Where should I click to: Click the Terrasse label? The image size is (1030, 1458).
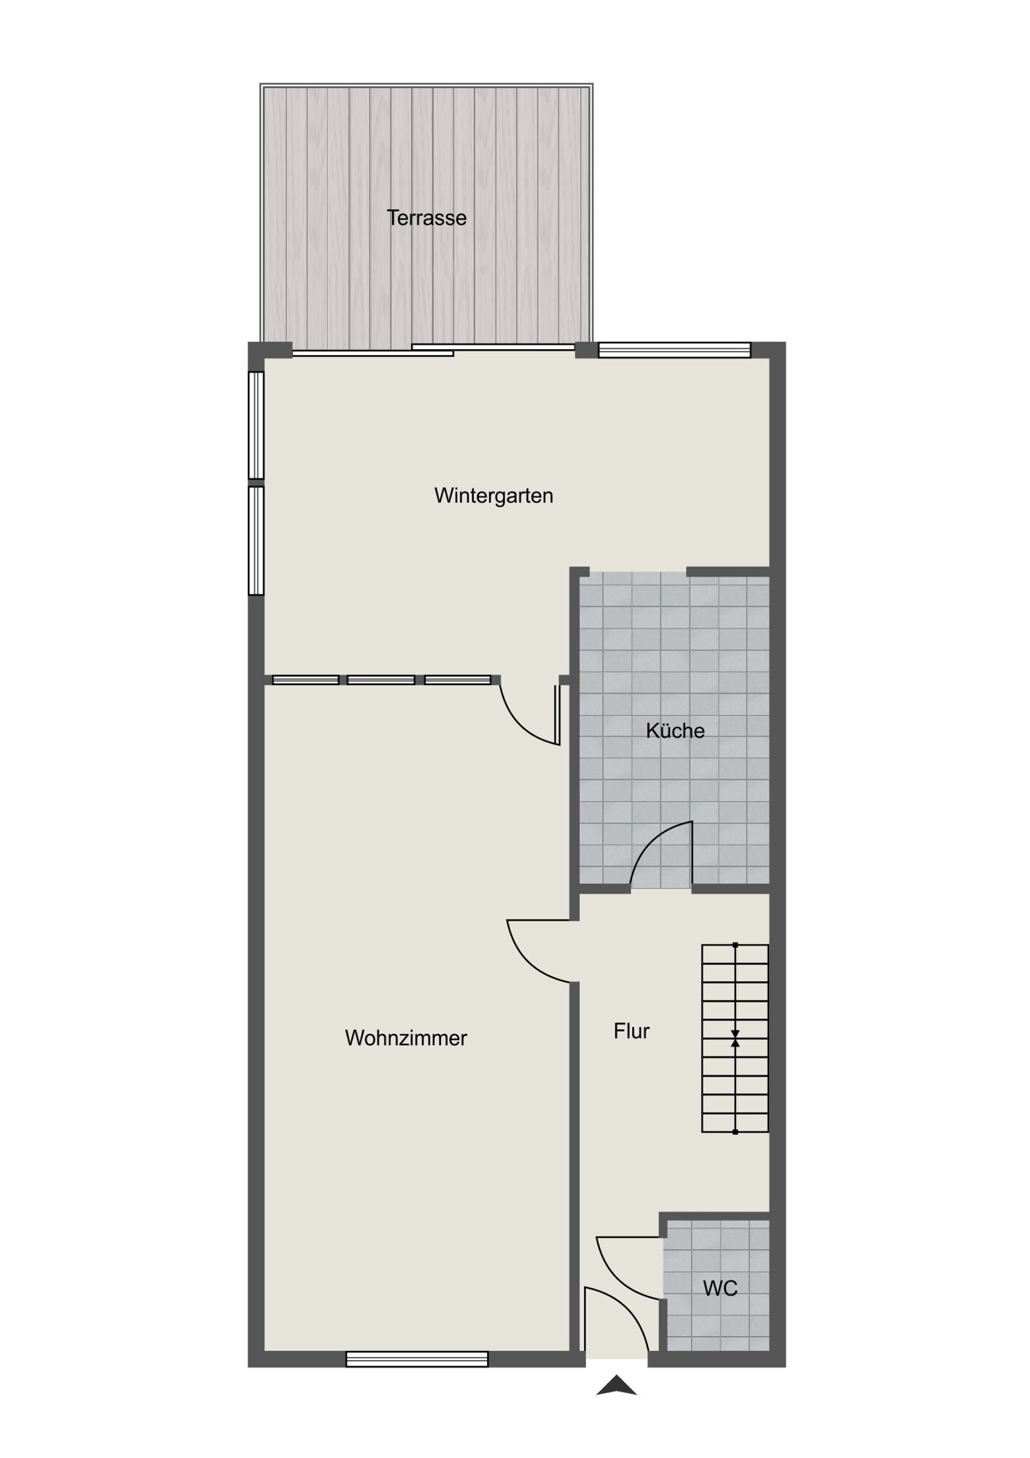click(x=426, y=217)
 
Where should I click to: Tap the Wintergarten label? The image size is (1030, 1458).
click(x=493, y=496)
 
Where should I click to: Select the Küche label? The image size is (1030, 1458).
click(x=675, y=730)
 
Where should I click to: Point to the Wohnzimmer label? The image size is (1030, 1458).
click(x=406, y=1038)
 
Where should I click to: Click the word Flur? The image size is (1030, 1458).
click(x=631, y=1031)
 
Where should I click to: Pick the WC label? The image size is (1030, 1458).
click(x=720, y=1288)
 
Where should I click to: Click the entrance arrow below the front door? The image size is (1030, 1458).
click(x=617, y=1384)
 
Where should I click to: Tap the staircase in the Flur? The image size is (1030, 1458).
click(x=735, y=1038)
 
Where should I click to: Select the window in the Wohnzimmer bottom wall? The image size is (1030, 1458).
click(x=417, y=1359)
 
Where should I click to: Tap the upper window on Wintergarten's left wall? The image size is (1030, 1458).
click(x=256, y=426)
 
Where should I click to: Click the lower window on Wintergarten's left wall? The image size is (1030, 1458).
click(x=256, y=541)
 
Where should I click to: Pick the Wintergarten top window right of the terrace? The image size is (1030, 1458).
click(x=674, y=351)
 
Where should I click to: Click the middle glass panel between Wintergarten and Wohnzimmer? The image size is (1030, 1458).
click(x=381, y=680)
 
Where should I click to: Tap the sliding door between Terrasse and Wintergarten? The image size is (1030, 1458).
click(x=433, y=350)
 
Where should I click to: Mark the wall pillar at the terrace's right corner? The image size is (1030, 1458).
click(x=586, y=350)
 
